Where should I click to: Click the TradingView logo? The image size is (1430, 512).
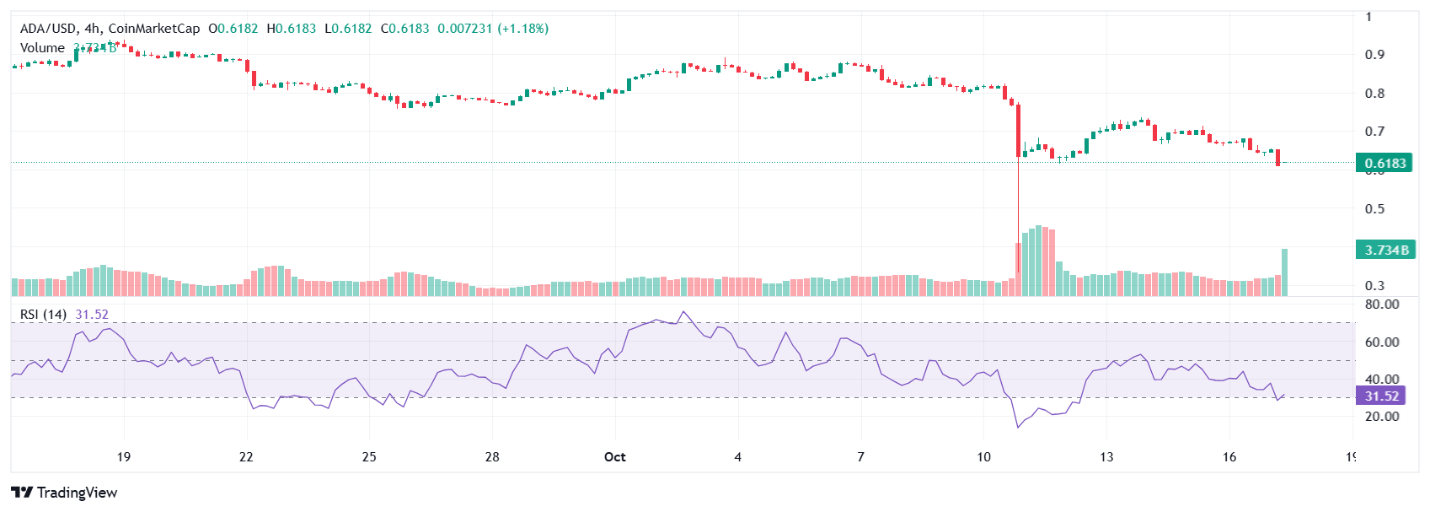click(x=64, y=493)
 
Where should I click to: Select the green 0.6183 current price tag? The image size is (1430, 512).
click(x=1384, y=163)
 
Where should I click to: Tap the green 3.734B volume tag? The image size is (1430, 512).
click(x=1384, y=251)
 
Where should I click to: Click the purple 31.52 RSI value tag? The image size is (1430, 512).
click(x=1381, y=396)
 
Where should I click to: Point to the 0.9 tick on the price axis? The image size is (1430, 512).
click(x=1374, y=55)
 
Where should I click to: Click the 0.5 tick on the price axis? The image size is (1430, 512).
click(x=1374, y=209)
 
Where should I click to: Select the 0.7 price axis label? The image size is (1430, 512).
click(x=1374, y=132)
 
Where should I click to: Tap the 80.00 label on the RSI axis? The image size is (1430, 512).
click(x=1381, y=305)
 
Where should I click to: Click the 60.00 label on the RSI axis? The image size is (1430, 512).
click(x=1381, y=342)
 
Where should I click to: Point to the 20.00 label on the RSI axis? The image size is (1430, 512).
click(x=1381, y=416)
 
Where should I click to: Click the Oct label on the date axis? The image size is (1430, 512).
click(x=615, y=457)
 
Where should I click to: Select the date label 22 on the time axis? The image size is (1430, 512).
click(x=246, y=457)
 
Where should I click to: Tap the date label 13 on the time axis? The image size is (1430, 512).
click(x=1106, y=457)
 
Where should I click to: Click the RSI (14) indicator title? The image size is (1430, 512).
click(x=43, y=315)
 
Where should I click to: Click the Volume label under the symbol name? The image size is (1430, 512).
click(x=42, y=48)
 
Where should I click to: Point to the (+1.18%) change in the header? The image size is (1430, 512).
click(x=522, y=29)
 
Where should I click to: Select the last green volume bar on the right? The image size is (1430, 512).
click(x=1284, y=272)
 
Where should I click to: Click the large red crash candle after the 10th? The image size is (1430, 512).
click(x=1018, y=130)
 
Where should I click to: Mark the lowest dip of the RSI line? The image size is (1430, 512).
click(x=1018, y=427)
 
